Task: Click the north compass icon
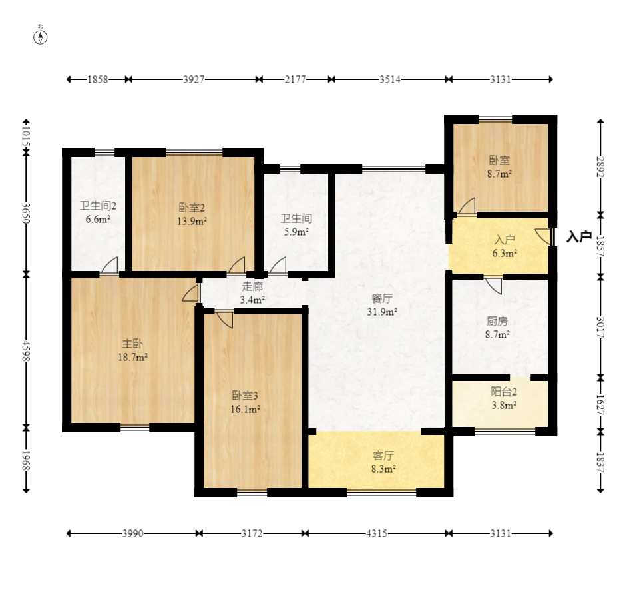pos(40,37)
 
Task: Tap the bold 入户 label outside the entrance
pos(579,236)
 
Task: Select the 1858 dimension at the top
pos(97,79)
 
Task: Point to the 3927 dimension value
pos(194,79)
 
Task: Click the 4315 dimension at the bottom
pos(377,534)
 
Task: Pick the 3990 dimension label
pos(132,534)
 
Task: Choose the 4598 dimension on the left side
pos(26,350)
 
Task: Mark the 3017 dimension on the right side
pos(600,327)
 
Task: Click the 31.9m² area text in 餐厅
pos(382,312)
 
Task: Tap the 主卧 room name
pos(132,344)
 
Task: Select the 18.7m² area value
pos(132,357)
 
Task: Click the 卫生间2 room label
pos(98,206)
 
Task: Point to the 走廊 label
pos(252,286)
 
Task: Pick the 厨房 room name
pos(497,321)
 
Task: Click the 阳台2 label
pos(504,392)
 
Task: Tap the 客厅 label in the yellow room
pos(383,456)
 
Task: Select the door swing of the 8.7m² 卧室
pos(467,206)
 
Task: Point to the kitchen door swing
pos(493,286)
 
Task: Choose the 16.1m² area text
pos(245,409)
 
